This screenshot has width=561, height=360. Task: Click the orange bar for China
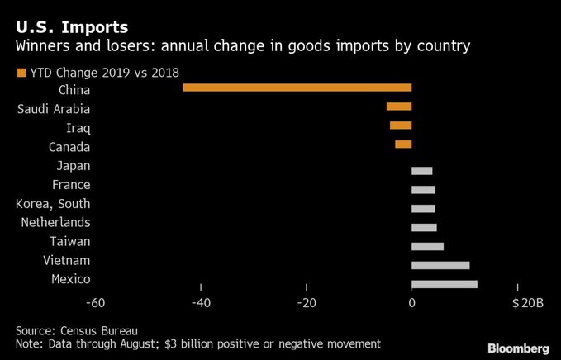[x=297, y=88]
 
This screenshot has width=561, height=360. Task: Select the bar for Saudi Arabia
[x=399, y=107]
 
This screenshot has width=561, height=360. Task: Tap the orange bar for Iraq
[x=401, y=126]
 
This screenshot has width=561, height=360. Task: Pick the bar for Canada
[x=403, y=144]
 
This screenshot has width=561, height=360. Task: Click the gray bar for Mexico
[x=445, y=284]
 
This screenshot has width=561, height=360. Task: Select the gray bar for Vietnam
[x=440, y=265]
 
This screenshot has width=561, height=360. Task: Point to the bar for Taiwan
[x=427, y=246]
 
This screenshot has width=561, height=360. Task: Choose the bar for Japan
[x=422, y=171]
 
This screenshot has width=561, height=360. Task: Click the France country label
[x=71, y=185]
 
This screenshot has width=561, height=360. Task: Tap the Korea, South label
[x=54, y=204]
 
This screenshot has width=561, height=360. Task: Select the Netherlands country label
[x=54, y=223]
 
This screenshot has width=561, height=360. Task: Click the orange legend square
[x=21, y=73]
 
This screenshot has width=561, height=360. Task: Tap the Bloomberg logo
[x=516, y=348]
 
